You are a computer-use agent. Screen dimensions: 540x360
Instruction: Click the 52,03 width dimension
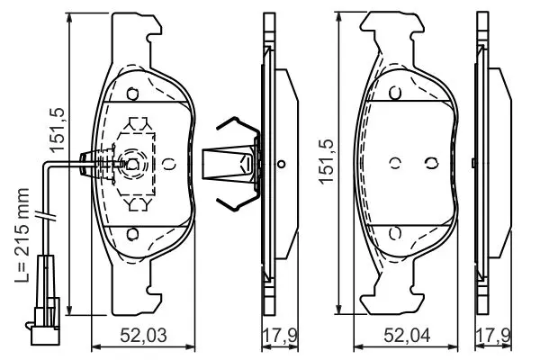[x=143, y=336]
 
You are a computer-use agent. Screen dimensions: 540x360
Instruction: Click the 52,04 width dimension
[x=407, y=336]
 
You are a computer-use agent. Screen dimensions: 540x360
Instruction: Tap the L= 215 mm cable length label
[x=22, y=235]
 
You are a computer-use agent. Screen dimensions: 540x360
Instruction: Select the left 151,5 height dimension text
[x=57, y=130]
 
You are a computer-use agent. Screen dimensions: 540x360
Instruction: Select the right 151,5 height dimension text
[x=326, y=162]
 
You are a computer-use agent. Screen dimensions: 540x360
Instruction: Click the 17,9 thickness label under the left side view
[x=280, y=336]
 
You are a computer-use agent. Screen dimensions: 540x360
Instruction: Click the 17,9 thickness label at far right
[x=493, y=336]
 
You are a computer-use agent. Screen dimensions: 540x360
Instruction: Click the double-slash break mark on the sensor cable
[x=46, y=216]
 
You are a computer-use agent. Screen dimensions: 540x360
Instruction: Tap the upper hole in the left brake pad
[x=132, y=94]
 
